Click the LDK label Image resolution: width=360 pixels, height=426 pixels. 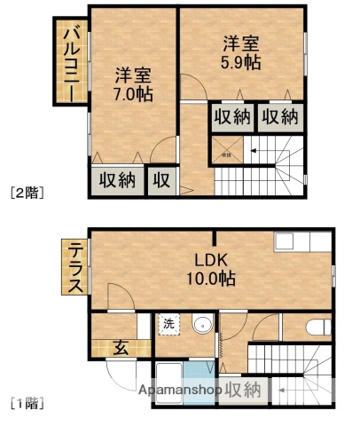pyautogui.click(x=212, y=260)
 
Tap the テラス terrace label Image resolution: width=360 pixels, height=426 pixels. pyautogui.click(x=75, y=267)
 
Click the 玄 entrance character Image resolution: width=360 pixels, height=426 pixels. pyautogui.click(x=120, y=347)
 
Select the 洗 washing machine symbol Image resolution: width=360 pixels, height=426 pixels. pyautogui.click(x=168, y=325)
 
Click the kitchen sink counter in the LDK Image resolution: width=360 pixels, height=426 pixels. pyautogui.click(x=301, y=242)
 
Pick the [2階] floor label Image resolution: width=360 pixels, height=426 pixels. pyautogui.click(x=27, y=191)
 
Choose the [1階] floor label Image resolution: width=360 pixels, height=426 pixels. pyautogui.click(x=27, y=405)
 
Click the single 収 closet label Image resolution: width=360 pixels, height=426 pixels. pyautogui.click(x=160, y=179)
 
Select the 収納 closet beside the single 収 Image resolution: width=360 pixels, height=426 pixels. pyautogui.click(x=116, y=179)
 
